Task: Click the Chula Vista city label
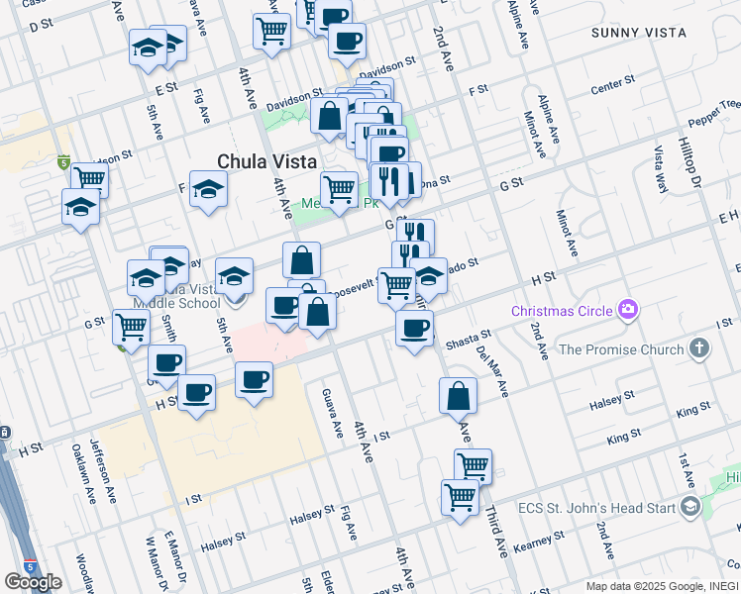pyautogui.click(x=266, y=161)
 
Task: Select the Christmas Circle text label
pyautogui.click(x=562, y=312)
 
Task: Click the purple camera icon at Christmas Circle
pyautogui.click(x=628, y=312)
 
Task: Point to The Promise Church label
pyautogui.click(x=621, y=349)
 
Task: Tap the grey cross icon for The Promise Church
pyautogui.click(x=699, y=348)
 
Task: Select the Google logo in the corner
pyautogui.click(x=33, y=582)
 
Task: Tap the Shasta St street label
pyautogui.click(x=469, y=342)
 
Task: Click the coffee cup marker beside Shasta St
pyautogui.click(x=414, y=327)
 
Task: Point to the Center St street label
pyautogui.click(x=612, y=87)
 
